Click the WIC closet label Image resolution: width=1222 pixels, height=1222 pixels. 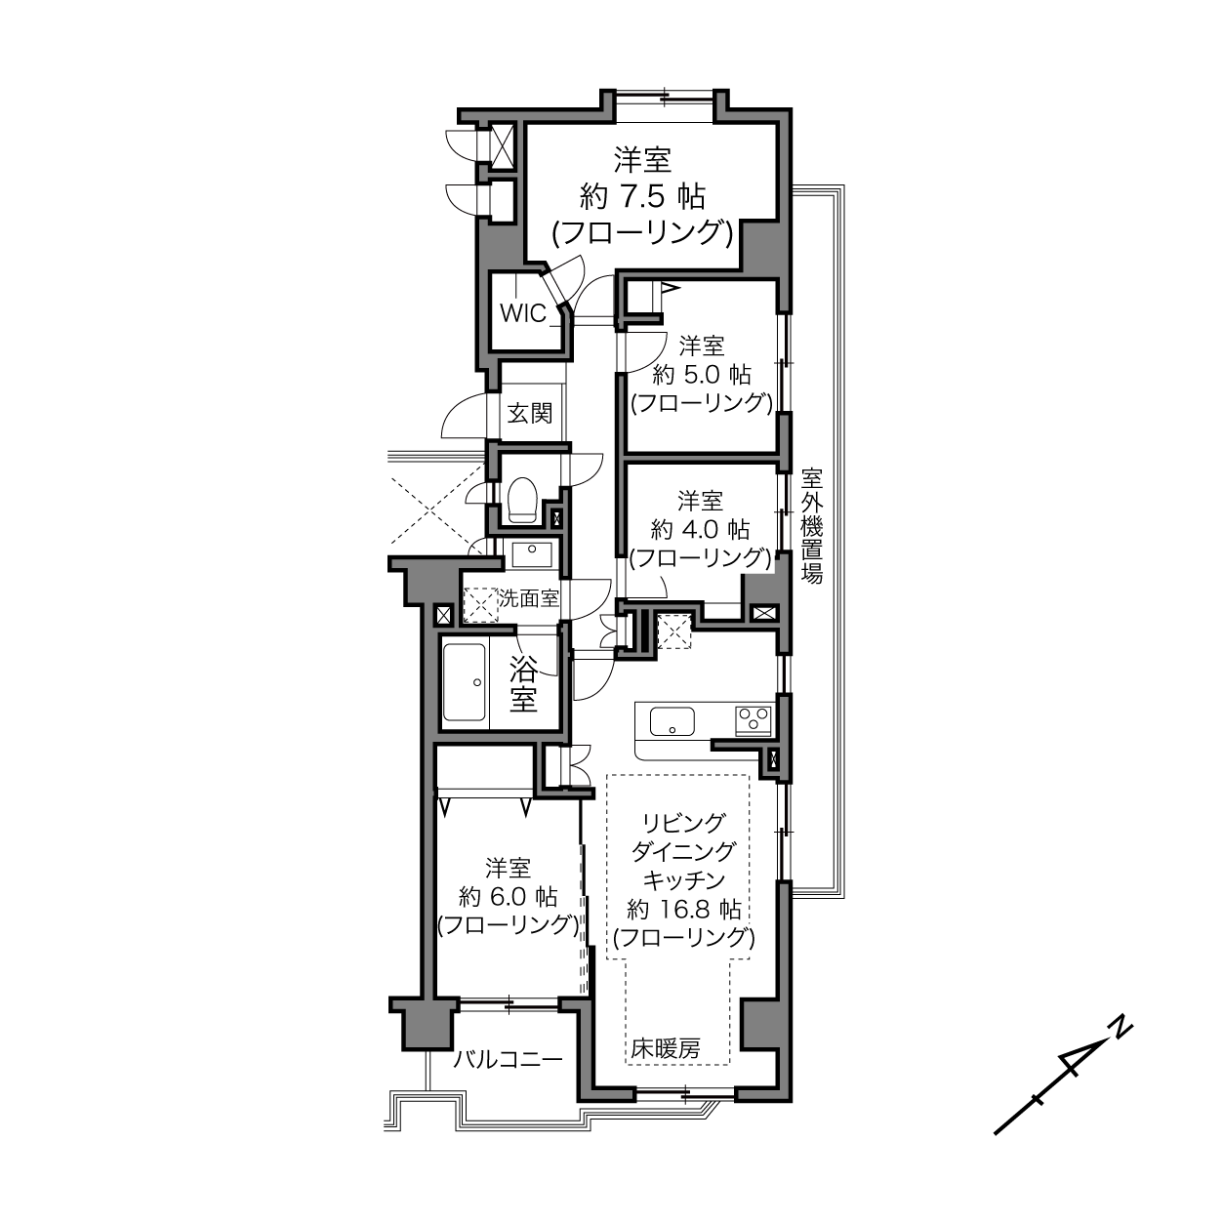[x=523, y=313]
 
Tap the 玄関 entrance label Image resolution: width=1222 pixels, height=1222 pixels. [x=530, y=414]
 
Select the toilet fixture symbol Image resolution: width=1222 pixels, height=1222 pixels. [x=523, y=500]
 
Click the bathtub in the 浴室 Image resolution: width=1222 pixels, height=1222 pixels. [x=465, y=682]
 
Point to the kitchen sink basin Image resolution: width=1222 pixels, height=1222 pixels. [x=672, y=721]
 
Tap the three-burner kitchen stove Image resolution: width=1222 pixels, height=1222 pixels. [x=754, y=720]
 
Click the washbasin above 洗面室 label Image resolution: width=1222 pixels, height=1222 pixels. [x=533, y=555]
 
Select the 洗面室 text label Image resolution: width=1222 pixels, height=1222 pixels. [x=528, y=598]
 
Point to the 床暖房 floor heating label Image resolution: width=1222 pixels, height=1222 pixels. [x=666, y=1049]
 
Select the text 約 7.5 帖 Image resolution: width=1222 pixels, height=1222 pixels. [x=642, y=196]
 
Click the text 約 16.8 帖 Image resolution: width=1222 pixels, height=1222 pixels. [x=684, y=911]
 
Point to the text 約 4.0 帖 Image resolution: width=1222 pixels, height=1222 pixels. [x=701, y=529]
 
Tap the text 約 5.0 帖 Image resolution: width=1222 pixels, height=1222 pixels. [x=702, y=375]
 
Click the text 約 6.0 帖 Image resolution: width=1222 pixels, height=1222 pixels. [x=508, y=897]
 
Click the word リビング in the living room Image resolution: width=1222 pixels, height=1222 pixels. [x=683, y=823]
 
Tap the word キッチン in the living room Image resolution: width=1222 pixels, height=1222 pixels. [x=683, y=880]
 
